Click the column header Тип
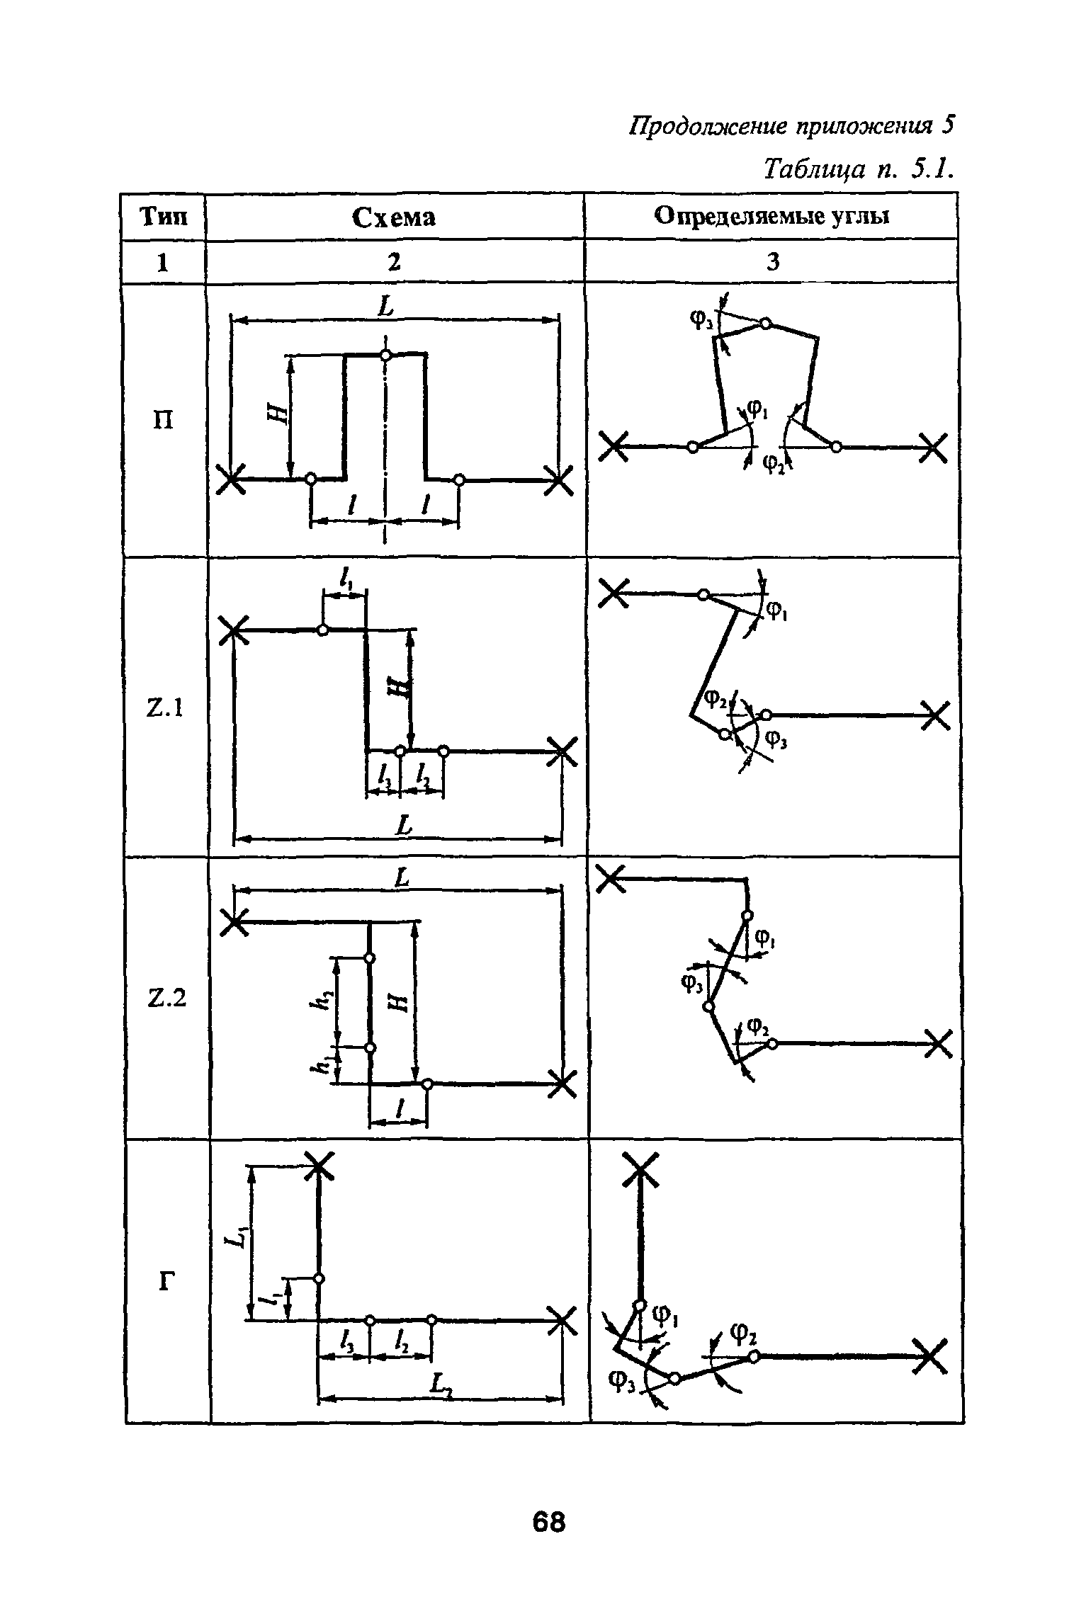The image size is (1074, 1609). click(164, 217)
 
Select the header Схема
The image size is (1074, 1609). click(394, 218)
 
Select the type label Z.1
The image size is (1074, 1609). click(164, 707)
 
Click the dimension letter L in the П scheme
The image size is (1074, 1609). click(386, 307)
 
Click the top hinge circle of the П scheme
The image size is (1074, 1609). click(385, 354)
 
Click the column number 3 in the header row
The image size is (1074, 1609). click(773, 263)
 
